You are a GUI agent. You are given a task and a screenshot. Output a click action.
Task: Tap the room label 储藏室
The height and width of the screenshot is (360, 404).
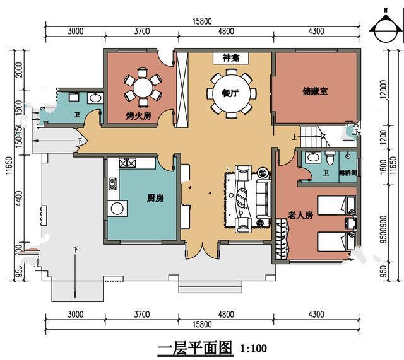[314, 91]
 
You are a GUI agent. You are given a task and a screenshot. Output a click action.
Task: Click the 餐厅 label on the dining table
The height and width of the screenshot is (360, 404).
[230, 93]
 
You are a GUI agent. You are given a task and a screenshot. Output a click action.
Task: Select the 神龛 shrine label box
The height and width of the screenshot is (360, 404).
[231, 58]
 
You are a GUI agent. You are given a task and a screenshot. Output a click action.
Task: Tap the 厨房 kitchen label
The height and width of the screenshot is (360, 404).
[155, 198]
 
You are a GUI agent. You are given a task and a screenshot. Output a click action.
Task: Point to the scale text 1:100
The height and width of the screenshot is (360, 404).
[253, 349]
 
